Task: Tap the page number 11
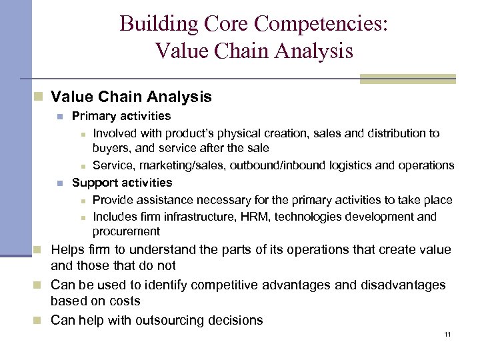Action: coord(447,334)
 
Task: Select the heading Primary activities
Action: coord(121,116)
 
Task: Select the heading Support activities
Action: coord(122,182)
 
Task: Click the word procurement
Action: coord(126,231)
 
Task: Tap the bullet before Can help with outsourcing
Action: coord(41,321)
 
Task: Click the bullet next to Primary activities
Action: coord(61,117)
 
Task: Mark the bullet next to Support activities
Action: coord(61,183)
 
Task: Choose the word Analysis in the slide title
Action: coord(310,51)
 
